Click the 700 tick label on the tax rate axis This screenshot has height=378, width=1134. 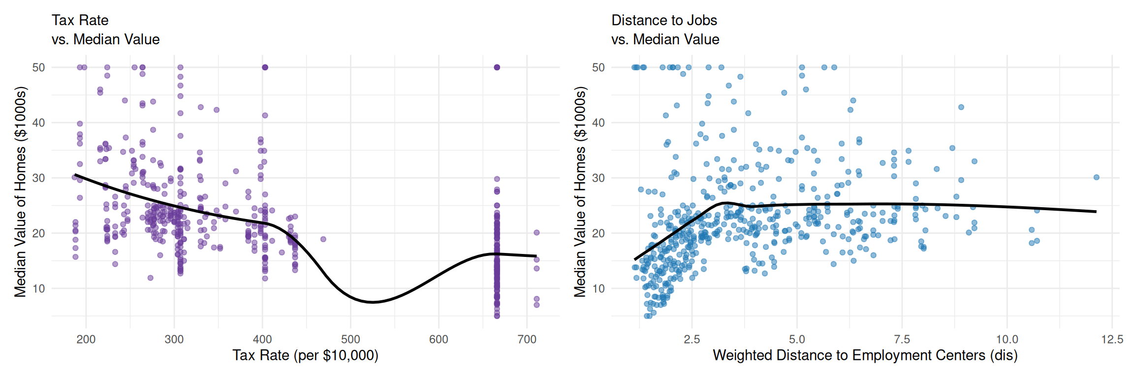[x=527, y=339]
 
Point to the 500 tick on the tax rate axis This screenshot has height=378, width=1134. [x=350, y=339]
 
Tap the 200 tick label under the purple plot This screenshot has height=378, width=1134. [x=86, y=339]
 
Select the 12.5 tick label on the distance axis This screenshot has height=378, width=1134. [x=1112, y=339]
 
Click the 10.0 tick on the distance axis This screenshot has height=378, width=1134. [x=1007, y=339]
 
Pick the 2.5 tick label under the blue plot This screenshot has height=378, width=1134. [x=692, y=339]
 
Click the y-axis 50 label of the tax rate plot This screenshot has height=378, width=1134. [x=38, y=67]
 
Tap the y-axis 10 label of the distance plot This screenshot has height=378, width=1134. [x=598, y=288]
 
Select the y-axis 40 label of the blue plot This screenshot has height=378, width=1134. [x=598, y=123]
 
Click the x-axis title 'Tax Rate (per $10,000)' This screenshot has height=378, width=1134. [x=305, y=355]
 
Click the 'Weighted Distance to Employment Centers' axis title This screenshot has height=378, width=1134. [x=865, y=355]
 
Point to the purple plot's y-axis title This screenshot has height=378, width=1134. [x=20, y=192]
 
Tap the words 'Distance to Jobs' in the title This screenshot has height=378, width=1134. [x=664, y=20]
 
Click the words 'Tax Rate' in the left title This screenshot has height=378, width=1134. [x=80, y=20]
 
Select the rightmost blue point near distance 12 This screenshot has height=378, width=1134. [x=1096, y=177]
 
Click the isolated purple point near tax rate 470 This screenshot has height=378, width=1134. [x=323, y=239]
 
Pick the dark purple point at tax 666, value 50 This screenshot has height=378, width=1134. [x=497, y=67]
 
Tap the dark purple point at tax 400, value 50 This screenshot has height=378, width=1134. [x=265, y=67]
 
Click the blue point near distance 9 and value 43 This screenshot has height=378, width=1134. [x=961, y=107]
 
